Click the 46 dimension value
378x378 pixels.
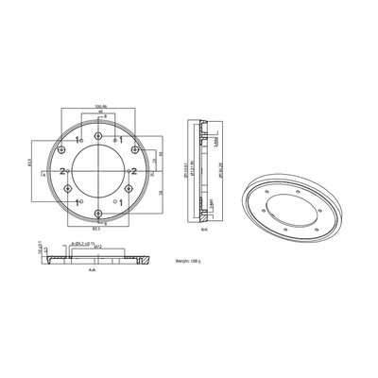(x=101, y=112)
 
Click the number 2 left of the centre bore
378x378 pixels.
(x=62, y=170)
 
